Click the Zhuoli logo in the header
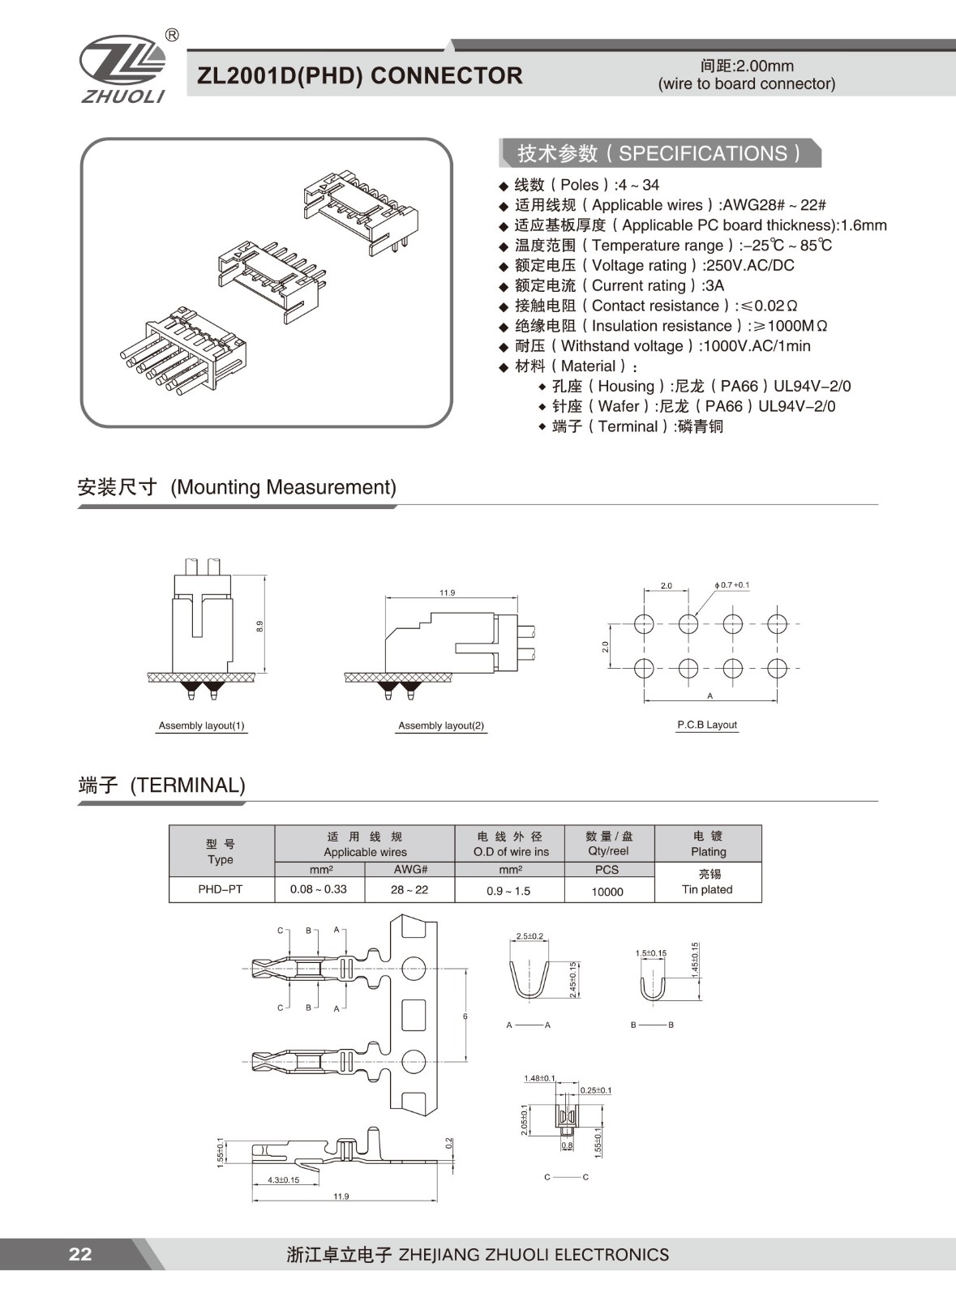click(x=123, y=68)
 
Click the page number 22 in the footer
click(x=80, y=1254)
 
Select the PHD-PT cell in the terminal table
click(x=221, y=889)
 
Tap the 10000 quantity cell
click(x=607, y=891)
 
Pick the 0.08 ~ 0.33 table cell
click(x=319, y=889)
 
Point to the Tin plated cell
click(x=707, y=889)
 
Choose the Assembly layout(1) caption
click(x=202, y=726)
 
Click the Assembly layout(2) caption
click(x=441, y=726)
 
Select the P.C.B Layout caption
click(x=707, y=725)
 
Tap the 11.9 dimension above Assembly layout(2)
click(x=448, y=593)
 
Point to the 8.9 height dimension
click(x=259, y=626)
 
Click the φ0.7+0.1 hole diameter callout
click(x=732, y=584)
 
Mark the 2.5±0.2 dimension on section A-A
click(x=529, y=936)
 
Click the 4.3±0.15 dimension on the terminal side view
click(x=283, y=1179)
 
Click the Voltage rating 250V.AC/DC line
click(x=654, y=265)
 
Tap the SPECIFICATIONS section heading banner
click(x=659, y=153)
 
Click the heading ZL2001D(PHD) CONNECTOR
click(x=360, y=75)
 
